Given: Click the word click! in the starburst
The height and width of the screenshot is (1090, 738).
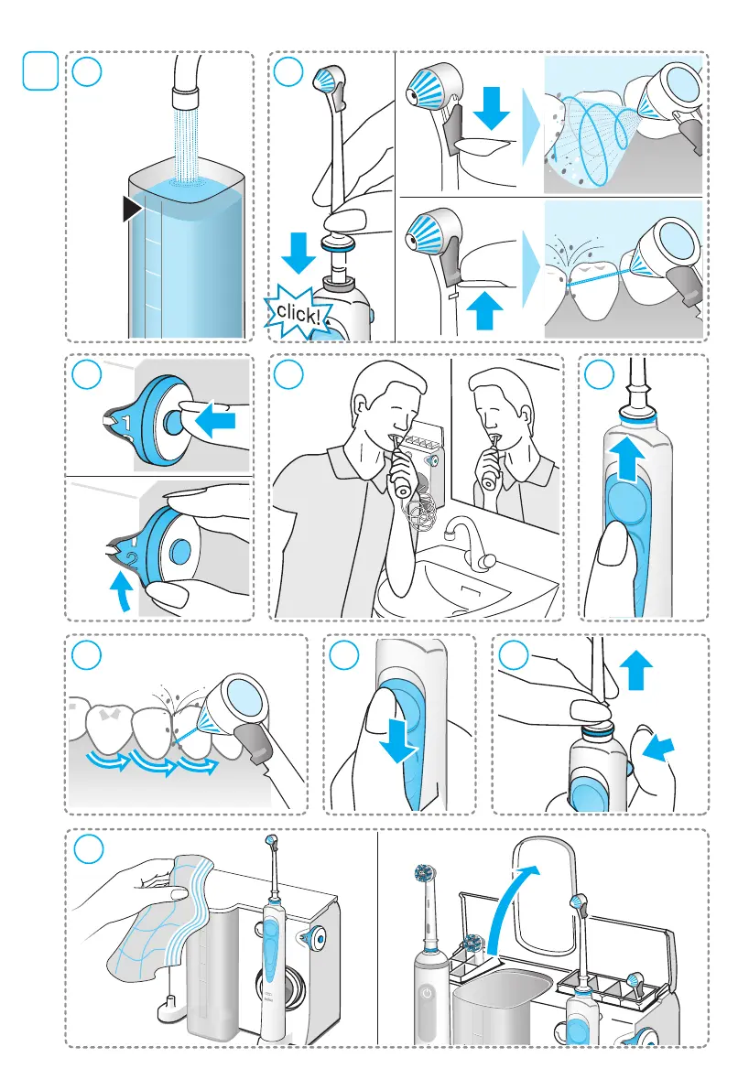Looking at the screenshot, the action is [x=298, y=314].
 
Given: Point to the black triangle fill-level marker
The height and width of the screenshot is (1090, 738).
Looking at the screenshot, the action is [x=132, y=209].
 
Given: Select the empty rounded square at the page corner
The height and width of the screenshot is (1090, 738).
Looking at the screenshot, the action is [x=40, y=70].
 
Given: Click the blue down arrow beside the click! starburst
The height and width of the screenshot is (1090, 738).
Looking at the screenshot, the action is [x=298, y=252].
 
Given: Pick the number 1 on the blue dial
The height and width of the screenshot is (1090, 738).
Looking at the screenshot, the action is [x=126, y=422].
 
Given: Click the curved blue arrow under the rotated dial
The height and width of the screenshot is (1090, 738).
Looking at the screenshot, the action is [x=122, y=591].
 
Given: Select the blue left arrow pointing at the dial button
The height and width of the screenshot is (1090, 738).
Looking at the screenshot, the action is [x=215, y=421].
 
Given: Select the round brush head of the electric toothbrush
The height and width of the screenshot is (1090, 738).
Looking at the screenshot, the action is [x=424, y=874].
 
